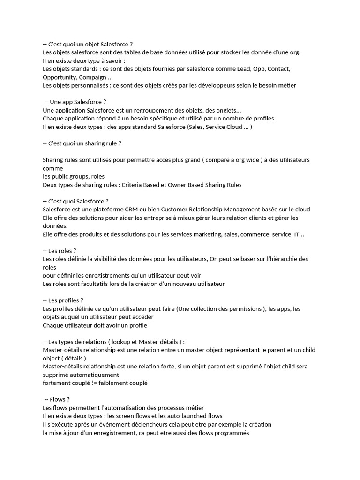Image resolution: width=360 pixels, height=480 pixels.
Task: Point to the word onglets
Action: click(225, 110)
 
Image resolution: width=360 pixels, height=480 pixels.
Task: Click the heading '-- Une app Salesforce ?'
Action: click(75, 102)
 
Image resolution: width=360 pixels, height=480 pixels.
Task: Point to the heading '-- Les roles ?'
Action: click(60, 251)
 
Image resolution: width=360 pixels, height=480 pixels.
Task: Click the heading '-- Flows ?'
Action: click(57, 399)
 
